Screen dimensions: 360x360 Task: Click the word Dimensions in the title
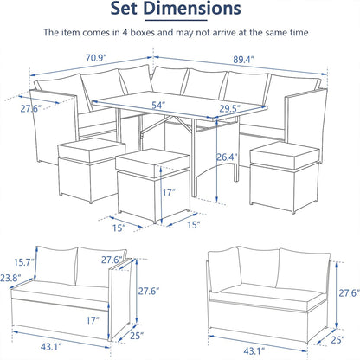coord(192,8)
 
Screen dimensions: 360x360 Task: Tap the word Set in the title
coord(125,8)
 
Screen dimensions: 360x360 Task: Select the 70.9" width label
coord(96,58)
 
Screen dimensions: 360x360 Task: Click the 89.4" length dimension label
coord(243,60)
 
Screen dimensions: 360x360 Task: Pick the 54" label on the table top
coord(158,105)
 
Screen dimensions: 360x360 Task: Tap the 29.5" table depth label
coord(230,108)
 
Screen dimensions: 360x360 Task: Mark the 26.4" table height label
coord(228,157)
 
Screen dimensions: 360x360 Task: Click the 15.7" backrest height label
coord(24,262)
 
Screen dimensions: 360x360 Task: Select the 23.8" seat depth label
coord(10,278)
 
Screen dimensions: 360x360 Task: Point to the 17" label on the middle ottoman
coord(169,192)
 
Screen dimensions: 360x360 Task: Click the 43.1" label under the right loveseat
coord(254,351)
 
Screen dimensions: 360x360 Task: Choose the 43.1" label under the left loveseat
coord(51,346)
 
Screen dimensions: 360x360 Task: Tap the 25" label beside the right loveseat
coord(337,340)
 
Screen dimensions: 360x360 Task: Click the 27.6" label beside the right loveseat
coord(350,293)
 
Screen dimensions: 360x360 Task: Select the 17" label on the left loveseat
coord(93,320)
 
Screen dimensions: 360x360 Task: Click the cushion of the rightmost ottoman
coord(285,155)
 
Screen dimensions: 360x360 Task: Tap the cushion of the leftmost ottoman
coord(92,150)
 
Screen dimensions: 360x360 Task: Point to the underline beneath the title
coord(176,20)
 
